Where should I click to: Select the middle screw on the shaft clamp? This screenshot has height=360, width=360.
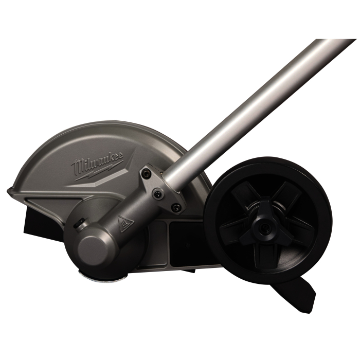[158, 193]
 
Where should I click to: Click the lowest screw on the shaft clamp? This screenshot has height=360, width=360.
[176, 207]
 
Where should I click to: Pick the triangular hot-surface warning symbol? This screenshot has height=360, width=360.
[125, 222]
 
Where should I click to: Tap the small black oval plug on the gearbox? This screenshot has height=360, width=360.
[78, 223]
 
